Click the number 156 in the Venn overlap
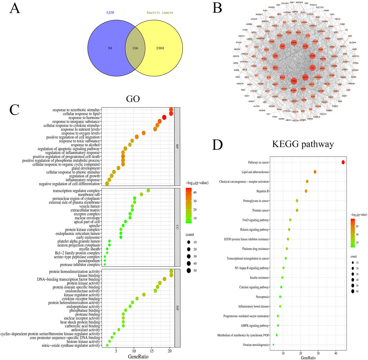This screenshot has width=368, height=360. coord(134,48)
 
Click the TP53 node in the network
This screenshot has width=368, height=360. coord(294,81)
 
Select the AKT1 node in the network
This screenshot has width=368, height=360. coord(305,77)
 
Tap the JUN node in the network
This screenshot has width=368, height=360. coord(275,56)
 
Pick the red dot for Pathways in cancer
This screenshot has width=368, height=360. coord(343,162)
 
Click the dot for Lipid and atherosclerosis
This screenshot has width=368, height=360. coord(315,172)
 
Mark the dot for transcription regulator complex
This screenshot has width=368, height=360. coord(148,190)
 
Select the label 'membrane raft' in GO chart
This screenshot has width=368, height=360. coord(88,195)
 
